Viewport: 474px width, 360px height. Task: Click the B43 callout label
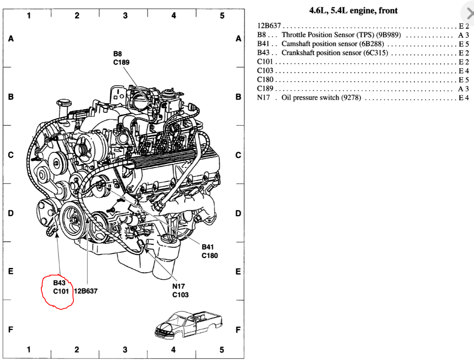[59, 283]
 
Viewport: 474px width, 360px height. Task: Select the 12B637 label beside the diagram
[86, 291]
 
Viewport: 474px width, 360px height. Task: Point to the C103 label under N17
[181, 295]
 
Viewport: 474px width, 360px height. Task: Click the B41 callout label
[208, 247]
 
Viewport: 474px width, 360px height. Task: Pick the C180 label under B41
[210, 256]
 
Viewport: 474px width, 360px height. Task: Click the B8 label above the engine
[118, 54]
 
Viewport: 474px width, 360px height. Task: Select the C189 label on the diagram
[121, 62]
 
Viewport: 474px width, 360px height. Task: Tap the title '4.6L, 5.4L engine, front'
[353, 11]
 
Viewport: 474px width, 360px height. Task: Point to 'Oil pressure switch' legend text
[321, 98]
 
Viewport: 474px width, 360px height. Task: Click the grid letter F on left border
[11, 330]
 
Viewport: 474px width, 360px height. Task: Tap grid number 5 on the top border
[222, 16]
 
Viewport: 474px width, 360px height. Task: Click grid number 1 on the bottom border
[29, 350]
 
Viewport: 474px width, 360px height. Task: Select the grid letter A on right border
[238, 39]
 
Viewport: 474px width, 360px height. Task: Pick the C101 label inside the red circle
[62, 291]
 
